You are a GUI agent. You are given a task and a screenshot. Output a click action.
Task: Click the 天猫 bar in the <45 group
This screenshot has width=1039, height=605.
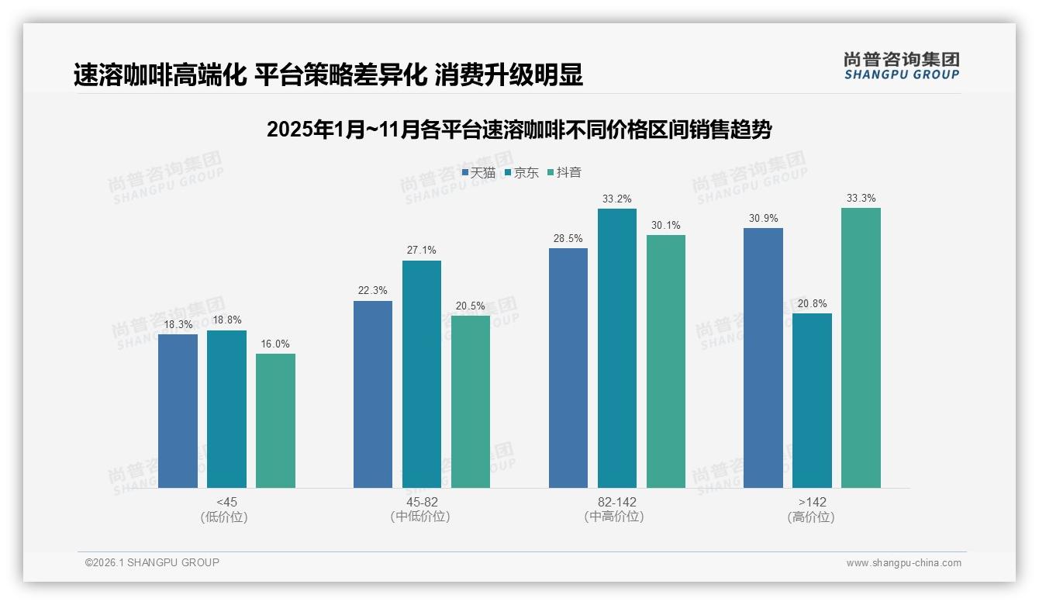point(178,411)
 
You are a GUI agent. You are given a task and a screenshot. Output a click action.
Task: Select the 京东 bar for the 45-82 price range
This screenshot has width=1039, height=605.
point(421,374)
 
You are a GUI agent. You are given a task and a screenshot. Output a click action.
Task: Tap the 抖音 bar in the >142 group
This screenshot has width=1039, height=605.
point(861,347)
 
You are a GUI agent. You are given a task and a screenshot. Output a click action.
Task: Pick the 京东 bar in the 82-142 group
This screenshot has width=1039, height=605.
point(616,348)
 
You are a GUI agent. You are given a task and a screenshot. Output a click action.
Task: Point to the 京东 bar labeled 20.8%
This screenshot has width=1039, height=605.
point(812,400)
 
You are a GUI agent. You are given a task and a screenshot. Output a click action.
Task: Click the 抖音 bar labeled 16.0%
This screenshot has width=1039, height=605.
point(275,420)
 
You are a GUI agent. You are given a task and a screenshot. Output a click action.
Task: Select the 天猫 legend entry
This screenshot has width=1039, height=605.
point(478,172)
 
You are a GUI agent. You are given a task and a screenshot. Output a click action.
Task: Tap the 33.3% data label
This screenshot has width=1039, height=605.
point(861,199)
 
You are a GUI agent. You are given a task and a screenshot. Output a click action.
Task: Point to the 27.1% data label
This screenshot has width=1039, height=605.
point(421,251)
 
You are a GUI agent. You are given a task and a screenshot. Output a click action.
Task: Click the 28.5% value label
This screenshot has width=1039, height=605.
point(568,239)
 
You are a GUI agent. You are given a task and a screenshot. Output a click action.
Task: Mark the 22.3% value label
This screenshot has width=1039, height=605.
point(372,291)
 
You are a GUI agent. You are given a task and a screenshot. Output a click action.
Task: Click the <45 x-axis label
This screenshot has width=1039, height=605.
point(226,502)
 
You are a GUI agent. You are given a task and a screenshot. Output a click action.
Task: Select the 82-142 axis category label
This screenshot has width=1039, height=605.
point(616,502)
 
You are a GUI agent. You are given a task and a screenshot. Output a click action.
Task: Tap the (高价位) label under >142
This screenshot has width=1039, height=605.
point(811,517)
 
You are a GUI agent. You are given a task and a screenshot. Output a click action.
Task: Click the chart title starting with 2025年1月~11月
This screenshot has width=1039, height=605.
point(519,130)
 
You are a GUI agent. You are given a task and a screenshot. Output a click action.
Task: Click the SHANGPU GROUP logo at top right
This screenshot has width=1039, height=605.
point(901,66)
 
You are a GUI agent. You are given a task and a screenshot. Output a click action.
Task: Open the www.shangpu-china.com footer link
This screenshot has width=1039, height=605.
point(903,563)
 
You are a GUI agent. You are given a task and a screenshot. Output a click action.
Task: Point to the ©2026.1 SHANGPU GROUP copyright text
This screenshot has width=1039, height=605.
point(152,562)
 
